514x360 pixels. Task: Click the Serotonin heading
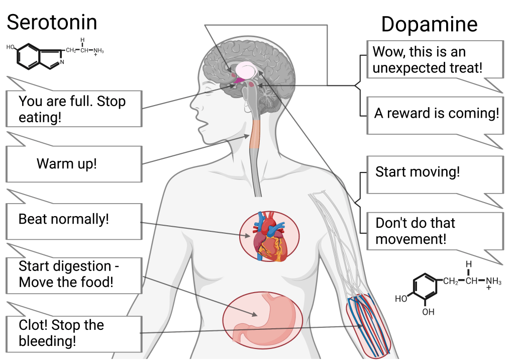pyautogui.click(x=52, y=22)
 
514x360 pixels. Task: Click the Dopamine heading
pyautogui.click(x=429, y=24)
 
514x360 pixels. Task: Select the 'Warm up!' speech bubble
pyautogui.click(x=66, y=164)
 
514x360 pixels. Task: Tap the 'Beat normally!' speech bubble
pyautogui.click(x=63, y=219)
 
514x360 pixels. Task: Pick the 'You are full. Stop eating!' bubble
pyautogui.click(x=72, y=109)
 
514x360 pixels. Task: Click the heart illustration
pyautogui.click(x=270, y=236)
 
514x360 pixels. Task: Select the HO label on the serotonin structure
pyautogui.click(x=11, y=47)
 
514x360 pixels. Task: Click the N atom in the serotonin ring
pyautogui.click(x=61, y=62)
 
